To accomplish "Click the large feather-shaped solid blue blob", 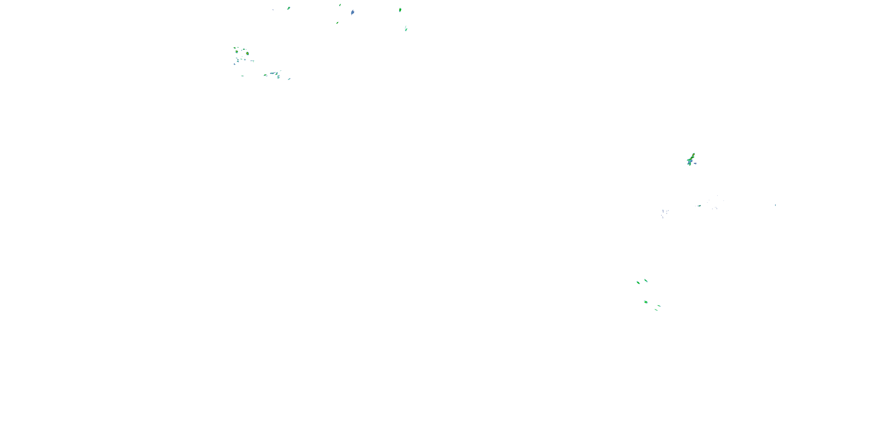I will (x=353, y=13).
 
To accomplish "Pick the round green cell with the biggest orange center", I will (x=247, y=53).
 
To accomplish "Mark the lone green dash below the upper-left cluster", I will (x=242, y=76).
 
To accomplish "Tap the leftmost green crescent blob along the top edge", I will (x=289, y=8).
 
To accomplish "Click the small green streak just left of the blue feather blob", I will (x=340, y=5).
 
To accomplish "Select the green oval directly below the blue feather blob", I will (x=337, y=23).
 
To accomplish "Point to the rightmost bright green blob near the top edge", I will (x=400, y=10).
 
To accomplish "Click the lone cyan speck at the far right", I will (x=775, y=205).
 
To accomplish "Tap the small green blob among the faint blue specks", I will (x=699, y=206).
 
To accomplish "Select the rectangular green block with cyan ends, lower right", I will (x=638, y=283).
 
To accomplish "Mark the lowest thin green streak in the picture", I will (x=656, y=310).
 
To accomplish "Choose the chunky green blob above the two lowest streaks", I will (x=646, y=302).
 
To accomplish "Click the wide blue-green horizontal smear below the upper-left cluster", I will (x=272, y=73).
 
